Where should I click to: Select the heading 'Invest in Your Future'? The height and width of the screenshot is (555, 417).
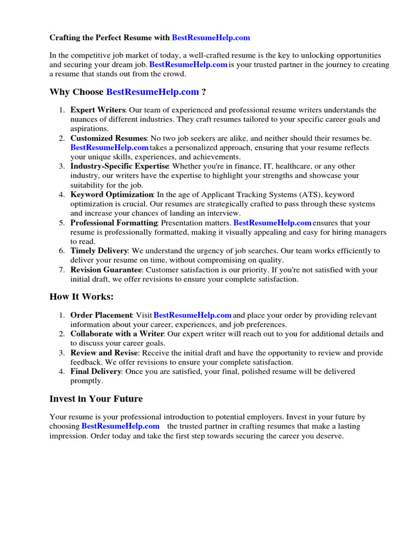[96, 398]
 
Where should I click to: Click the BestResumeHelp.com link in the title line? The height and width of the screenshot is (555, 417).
[211, 37]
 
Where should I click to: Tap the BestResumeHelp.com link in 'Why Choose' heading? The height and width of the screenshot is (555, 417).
[153, 92]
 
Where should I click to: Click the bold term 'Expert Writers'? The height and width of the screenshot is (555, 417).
[98, 110]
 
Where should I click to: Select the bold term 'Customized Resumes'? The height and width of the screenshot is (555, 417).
[109, 138]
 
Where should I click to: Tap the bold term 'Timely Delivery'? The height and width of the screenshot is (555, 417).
[99, 251]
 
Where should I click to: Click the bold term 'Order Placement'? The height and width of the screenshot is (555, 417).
[102, 315]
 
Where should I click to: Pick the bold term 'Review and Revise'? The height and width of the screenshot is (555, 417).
[103, 353]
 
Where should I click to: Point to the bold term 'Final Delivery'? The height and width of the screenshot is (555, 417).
[96, 371]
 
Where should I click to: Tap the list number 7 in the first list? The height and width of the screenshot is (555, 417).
[61, 270]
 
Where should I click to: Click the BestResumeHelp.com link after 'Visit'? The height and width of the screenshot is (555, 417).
[193, 315]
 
